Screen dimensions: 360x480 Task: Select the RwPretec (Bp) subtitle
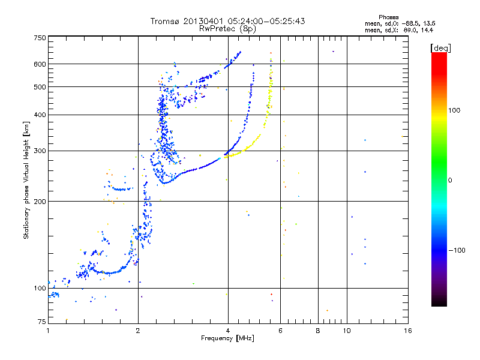click(227, 28)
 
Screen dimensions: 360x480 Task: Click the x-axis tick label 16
click(407, 331)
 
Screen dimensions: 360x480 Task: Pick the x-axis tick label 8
click(318, 331)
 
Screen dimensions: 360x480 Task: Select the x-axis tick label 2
click(138, 331)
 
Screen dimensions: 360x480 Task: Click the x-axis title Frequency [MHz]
click(227, 338)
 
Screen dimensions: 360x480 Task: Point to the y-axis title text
click(26, 180)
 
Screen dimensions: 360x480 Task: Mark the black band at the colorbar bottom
click(439, 304)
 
